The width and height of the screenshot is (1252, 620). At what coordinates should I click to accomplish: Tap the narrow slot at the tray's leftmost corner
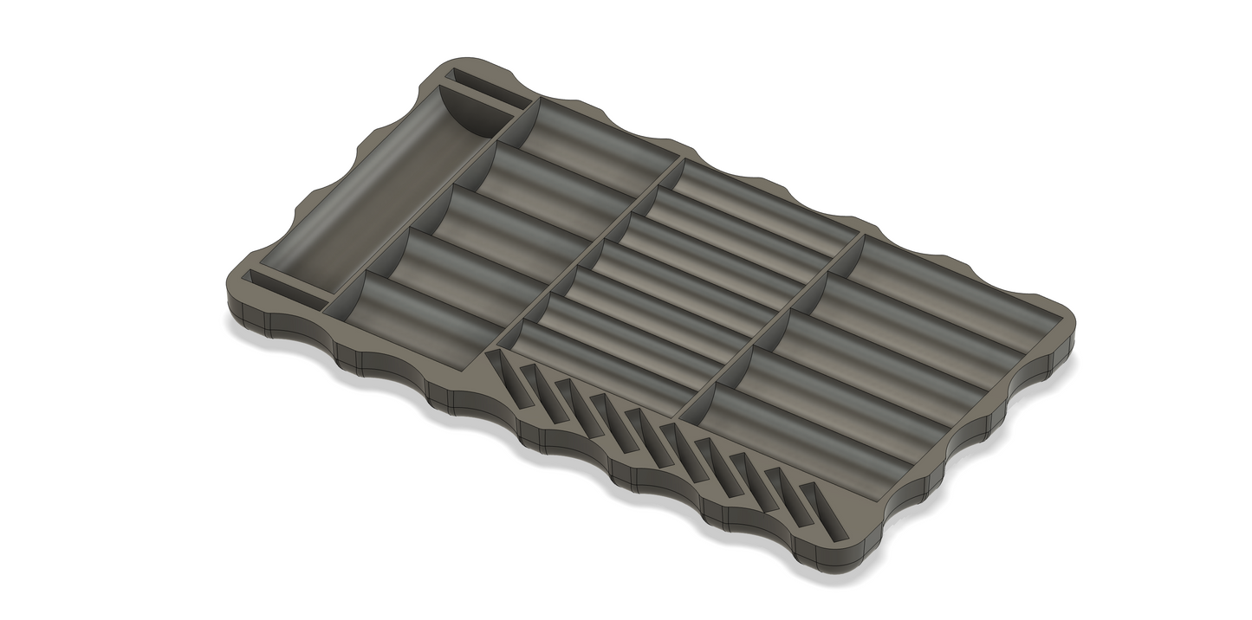coord(282,290)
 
